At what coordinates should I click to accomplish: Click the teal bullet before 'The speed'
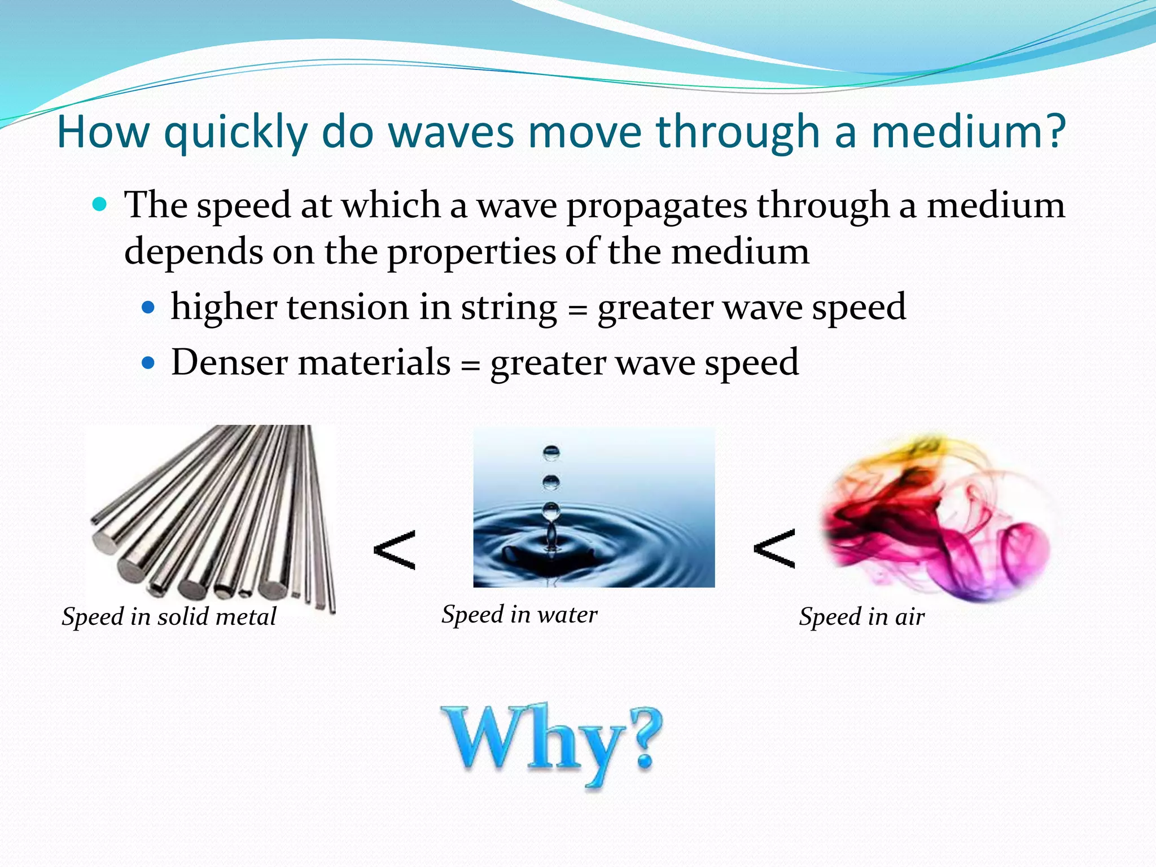[99, 204]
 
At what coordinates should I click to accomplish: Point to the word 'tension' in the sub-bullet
[348, 308]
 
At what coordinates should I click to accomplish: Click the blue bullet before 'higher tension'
[148, 308]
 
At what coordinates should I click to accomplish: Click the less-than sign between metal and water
[395, 550]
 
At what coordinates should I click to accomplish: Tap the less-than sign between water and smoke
[774, 549]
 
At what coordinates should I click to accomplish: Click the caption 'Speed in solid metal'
[169, 616]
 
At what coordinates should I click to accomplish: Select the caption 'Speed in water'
[519, 614]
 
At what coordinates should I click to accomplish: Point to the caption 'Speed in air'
[861, 616]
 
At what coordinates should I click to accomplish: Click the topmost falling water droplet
[551, 453]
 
